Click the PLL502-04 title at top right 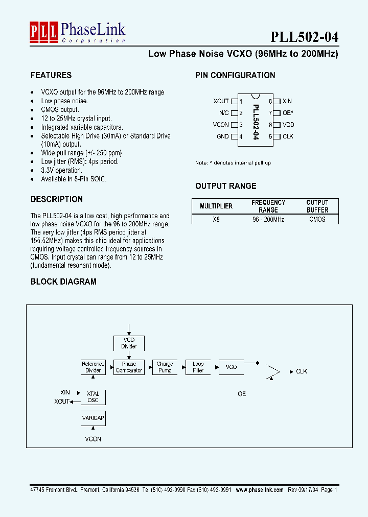304,37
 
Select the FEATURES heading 51,75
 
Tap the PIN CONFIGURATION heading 235,75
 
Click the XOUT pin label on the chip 221,101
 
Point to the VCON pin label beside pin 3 221,125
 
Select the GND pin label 222,136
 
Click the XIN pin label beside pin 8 287,101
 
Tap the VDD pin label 288,125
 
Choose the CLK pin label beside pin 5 288,136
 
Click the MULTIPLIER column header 216,206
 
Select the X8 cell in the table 216,219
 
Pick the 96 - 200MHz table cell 268,219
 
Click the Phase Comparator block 129,367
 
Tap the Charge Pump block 165,367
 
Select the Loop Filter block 198,367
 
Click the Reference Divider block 93,367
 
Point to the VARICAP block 93,418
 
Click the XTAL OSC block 93,397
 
